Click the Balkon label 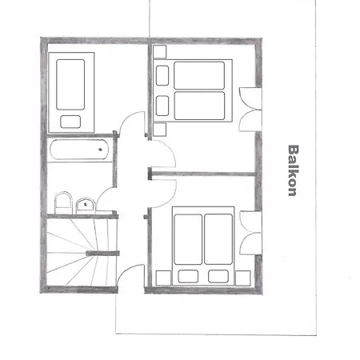click(293, 170)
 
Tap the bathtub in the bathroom click(79, 150)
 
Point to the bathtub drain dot click(100, 150)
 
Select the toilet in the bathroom click(63, 202)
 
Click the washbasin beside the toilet click(86, 206)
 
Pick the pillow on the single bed click(70, 122)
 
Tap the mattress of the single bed click(70, 84)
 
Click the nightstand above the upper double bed click(159, 52)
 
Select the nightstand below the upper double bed click(159, 130)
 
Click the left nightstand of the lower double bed click(163, 278)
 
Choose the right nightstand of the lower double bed click(243, 278)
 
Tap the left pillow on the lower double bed click(188, 276)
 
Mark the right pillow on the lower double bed click(218, 276)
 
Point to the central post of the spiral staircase click(102, 253)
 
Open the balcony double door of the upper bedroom click(250, 110)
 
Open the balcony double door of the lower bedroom click(250, 233)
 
